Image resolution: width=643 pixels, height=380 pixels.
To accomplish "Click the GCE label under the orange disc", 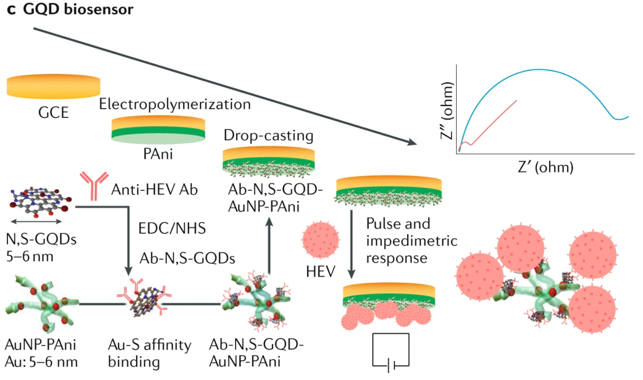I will click(53, 113).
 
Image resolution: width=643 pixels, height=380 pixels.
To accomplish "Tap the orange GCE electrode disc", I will click(54, 86).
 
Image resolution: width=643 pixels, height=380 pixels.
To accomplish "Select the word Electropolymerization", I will click(174, 104).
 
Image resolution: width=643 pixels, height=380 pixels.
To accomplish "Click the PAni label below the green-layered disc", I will click(158, 154).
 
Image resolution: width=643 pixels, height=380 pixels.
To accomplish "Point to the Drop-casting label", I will click(268, 136).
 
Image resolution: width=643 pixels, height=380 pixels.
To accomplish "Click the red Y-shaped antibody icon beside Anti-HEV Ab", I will click(94, 185).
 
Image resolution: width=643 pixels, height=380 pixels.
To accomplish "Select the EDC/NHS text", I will click(172, 228).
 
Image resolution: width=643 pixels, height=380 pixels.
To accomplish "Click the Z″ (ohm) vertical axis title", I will click(446, 110).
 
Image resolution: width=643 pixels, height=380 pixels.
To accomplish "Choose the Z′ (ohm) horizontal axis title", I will click(546, 167).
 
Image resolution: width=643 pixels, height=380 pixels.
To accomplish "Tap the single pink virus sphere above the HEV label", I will click(321, 240).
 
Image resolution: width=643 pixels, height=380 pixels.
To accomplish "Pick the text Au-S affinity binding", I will click(149, 353).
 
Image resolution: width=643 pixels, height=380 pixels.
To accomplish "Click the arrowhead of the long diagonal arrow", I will click(411, 142).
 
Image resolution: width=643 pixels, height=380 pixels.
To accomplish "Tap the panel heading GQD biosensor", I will click(78, 9).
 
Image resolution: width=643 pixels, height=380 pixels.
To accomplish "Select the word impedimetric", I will click(412, 241).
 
